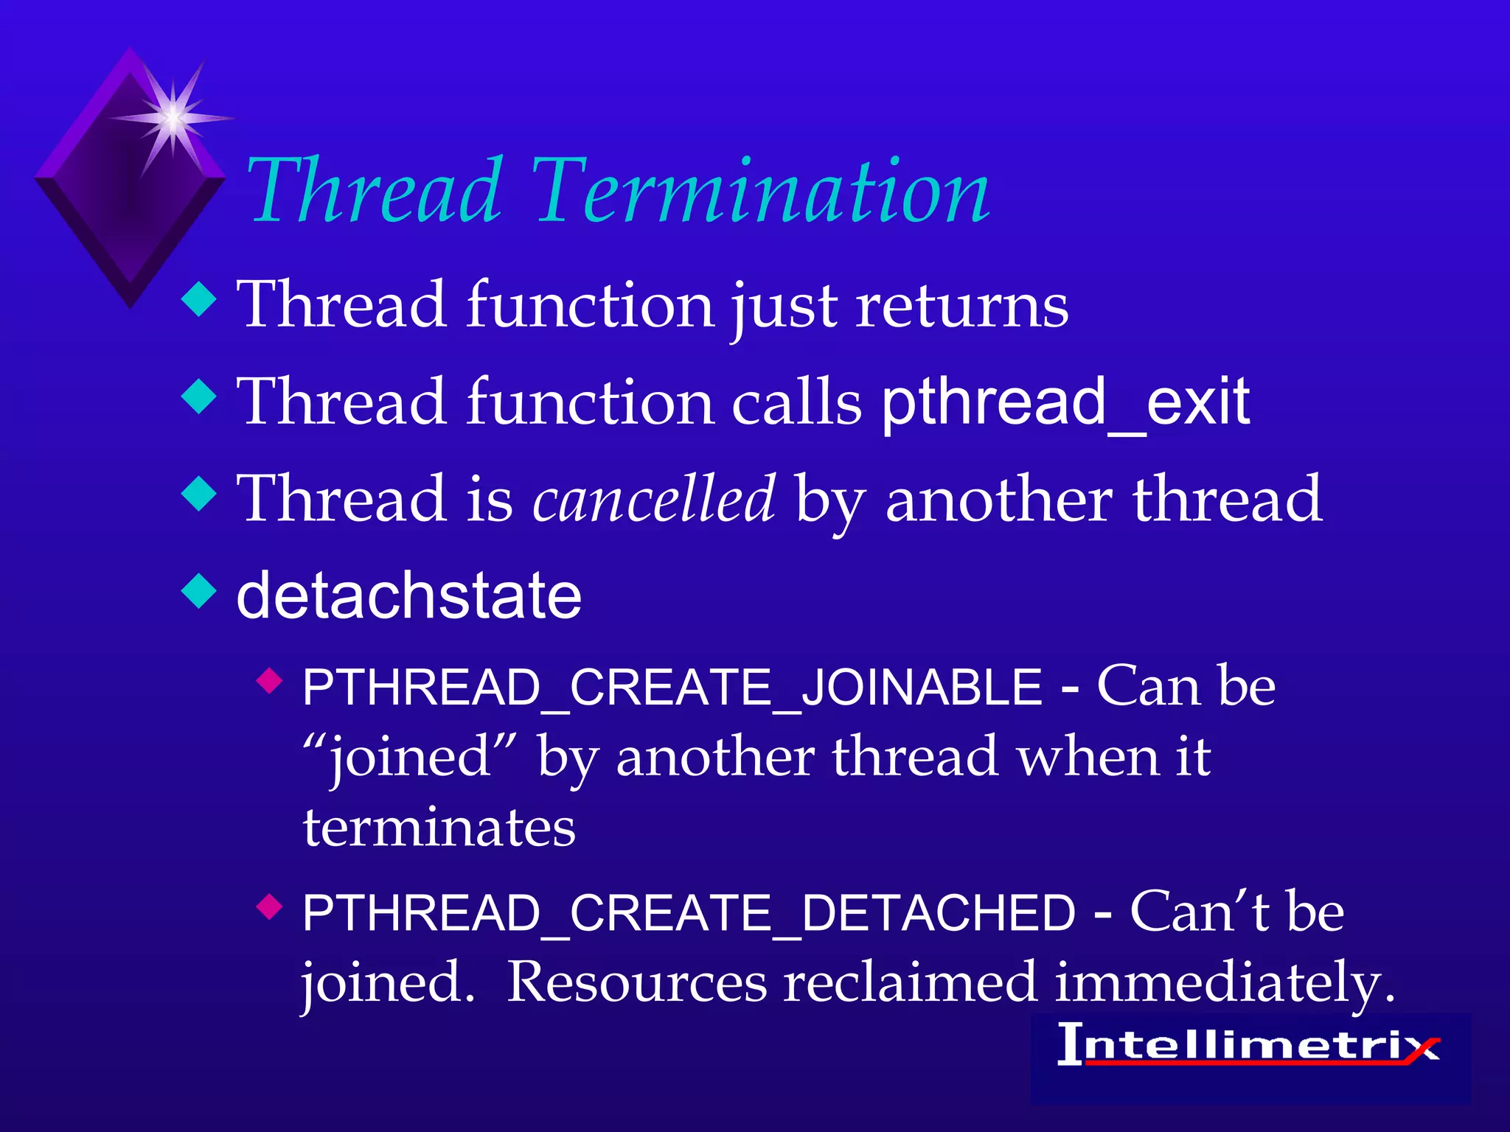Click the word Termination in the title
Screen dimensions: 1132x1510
[x=759, y=193]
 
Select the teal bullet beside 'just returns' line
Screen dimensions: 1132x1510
[x=199, y=300]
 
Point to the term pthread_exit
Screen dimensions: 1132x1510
[x=1065, y=403]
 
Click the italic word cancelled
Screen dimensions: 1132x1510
[x=653, y=500]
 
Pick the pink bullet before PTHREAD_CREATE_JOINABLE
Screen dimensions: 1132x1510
[x=270, y=681]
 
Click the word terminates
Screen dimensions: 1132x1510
[x=439, y=828]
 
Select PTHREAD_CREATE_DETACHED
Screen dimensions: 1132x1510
[x=689, y=914]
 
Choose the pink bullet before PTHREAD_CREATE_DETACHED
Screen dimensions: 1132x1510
[x=270, y=906]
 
